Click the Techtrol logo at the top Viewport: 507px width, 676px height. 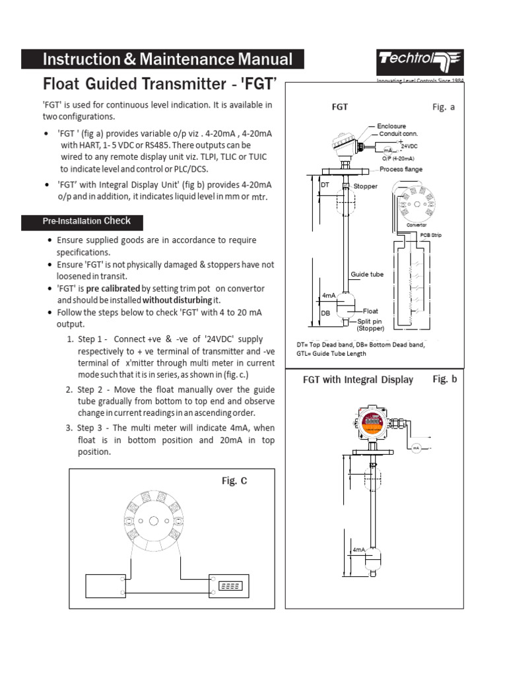click(421, 63)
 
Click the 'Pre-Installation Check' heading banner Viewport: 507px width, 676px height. click(81, 221)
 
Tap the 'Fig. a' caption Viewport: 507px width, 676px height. click(444, 107)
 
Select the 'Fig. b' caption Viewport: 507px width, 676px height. click(444, 379)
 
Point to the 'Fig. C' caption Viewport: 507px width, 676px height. click(234, 481)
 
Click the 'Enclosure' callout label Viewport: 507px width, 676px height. click(391, 125)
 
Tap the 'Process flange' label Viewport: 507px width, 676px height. click(401, 170)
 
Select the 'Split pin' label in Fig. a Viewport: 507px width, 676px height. click(370, 321)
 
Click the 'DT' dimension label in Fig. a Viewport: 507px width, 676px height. click(324, 186)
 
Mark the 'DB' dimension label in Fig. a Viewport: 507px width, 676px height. click(325, 314)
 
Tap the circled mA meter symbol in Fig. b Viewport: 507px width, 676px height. click(417, 449)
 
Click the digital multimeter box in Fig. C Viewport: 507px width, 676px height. click(230, 586)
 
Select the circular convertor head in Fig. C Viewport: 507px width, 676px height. click(152, 521)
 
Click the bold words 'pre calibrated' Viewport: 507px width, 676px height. click(113, 289)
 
